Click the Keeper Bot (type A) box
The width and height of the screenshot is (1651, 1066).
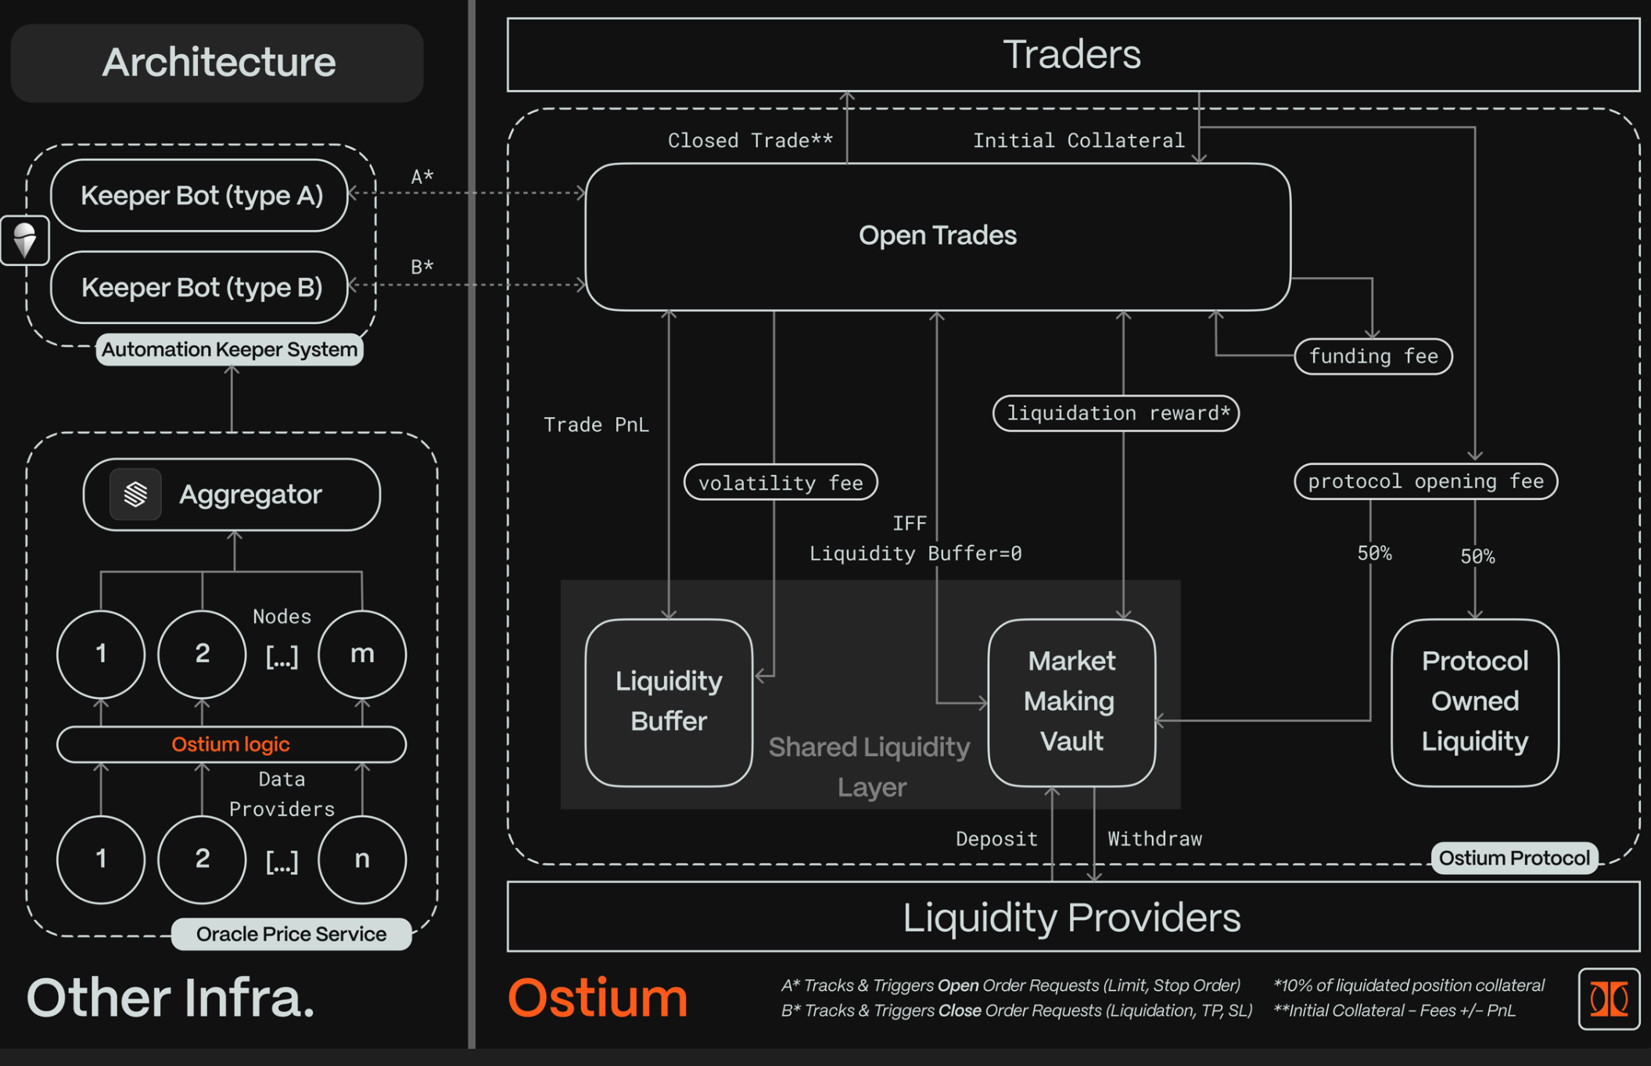coord(199,196)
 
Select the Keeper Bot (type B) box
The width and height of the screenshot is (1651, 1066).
coord(199,287)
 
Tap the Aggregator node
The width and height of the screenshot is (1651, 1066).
coord(232,495)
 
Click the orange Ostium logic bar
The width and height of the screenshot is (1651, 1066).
coord(231,744)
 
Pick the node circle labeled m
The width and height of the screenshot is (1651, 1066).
coord(362,654)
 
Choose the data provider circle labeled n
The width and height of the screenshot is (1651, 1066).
coord(362,859)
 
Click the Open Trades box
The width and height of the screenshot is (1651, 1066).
coord(937,236)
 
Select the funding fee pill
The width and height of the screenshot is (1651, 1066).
coord(1373,357)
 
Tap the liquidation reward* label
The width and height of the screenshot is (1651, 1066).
coord(1116,413)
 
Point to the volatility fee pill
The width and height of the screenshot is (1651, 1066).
coord(781,483)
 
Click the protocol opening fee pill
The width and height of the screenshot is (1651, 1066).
coord(1426,481)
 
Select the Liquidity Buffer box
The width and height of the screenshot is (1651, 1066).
coord(669,702)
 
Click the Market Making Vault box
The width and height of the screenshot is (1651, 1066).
coord(1071,702)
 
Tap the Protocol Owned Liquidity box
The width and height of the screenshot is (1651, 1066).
coord(1474,702)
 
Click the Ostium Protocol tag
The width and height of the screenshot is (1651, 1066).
coord(1514,859)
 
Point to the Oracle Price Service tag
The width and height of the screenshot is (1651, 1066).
coord(291,935)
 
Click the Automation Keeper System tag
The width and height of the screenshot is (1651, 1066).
coord(229,350)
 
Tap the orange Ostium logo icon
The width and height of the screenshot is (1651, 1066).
coord(1609,999)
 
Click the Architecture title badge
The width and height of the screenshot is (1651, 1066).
coord(217,63)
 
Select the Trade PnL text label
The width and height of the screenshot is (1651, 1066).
coord(596,425)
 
